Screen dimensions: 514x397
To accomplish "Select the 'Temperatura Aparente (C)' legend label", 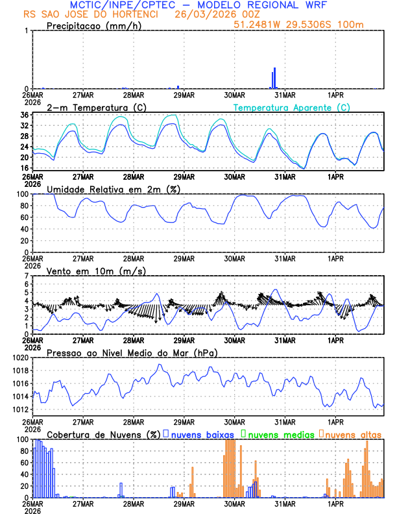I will coord(292,107).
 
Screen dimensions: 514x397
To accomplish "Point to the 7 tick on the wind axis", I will coord(27,276).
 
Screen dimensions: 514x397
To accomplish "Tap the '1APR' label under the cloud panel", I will coord(335,503).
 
